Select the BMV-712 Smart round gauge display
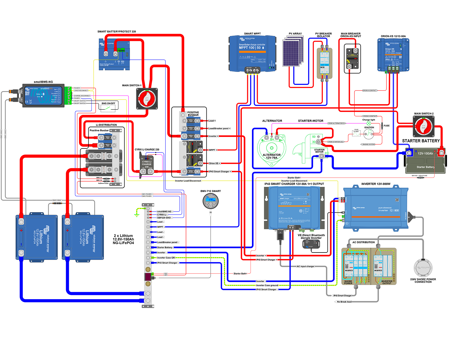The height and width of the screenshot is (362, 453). click(211, 201)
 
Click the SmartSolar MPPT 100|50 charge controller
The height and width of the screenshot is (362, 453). click(252, 54)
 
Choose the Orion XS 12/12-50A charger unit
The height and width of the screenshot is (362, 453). click(393, 55)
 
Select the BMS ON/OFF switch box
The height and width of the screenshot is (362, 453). click(108, 107)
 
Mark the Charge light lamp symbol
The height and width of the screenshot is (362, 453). click(369, 124)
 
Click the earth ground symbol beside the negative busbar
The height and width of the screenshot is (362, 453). click(137, 215)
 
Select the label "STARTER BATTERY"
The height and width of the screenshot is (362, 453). click(421, 141)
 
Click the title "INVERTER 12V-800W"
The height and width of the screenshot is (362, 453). click(376, 184)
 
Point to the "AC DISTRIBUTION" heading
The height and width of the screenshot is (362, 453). click(363, 242)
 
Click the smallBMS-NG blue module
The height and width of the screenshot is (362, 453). click(43, 95)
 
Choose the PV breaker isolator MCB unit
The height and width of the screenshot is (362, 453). click(324, 63)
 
